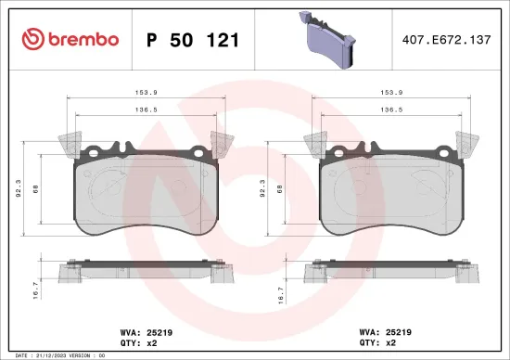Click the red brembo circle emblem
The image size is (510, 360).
(x=30, y=39)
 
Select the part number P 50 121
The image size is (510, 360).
(x=193, y=39)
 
